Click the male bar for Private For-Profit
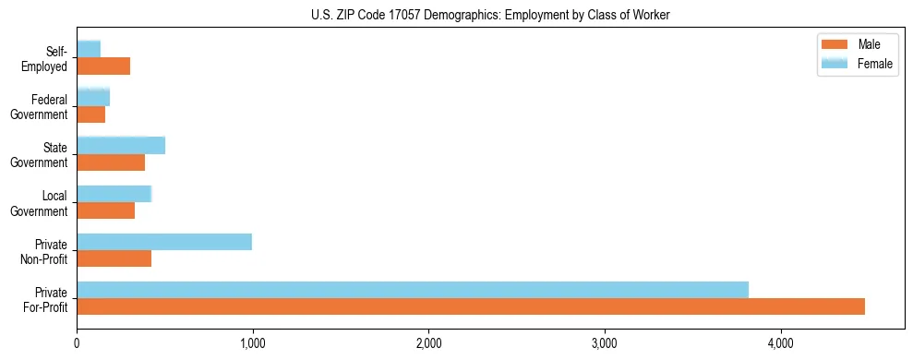(471, 306)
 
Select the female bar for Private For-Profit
(413, 290)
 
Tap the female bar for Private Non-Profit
(164, 242)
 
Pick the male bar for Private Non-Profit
(114, 258)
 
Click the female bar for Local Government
(114, 194)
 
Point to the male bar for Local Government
(106, 210)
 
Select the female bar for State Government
(121, 146)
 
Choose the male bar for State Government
(111, 162)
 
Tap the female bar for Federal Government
(93, 97)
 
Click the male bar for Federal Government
(91, 114)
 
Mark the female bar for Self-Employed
(89, 49)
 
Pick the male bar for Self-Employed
(103, 66)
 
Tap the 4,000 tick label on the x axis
(780, 344)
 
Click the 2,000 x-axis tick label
(428, 344)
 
